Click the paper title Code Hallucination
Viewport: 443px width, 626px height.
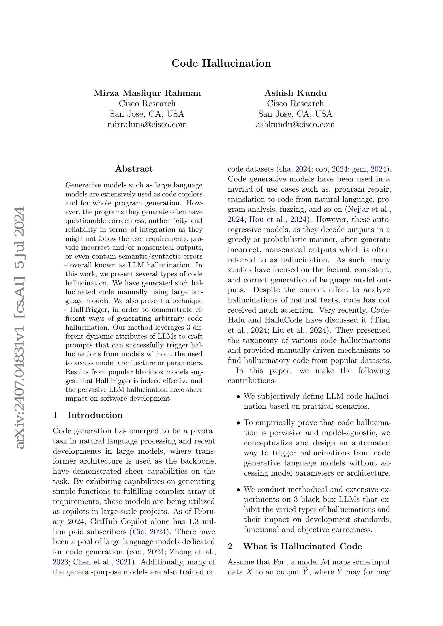[x=221, y=63]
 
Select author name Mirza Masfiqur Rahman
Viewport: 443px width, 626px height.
[x=147, y=93]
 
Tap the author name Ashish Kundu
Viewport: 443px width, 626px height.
[x=295, y=93]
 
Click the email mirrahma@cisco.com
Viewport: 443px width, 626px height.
[x=147, y=125]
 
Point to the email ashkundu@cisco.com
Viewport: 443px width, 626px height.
[x=295, y=125]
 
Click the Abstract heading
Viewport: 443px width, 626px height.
[x=134, y=169]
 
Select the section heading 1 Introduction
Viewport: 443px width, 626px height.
[x=88, y=415]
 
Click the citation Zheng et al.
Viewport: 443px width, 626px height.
[x=193, y=552]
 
